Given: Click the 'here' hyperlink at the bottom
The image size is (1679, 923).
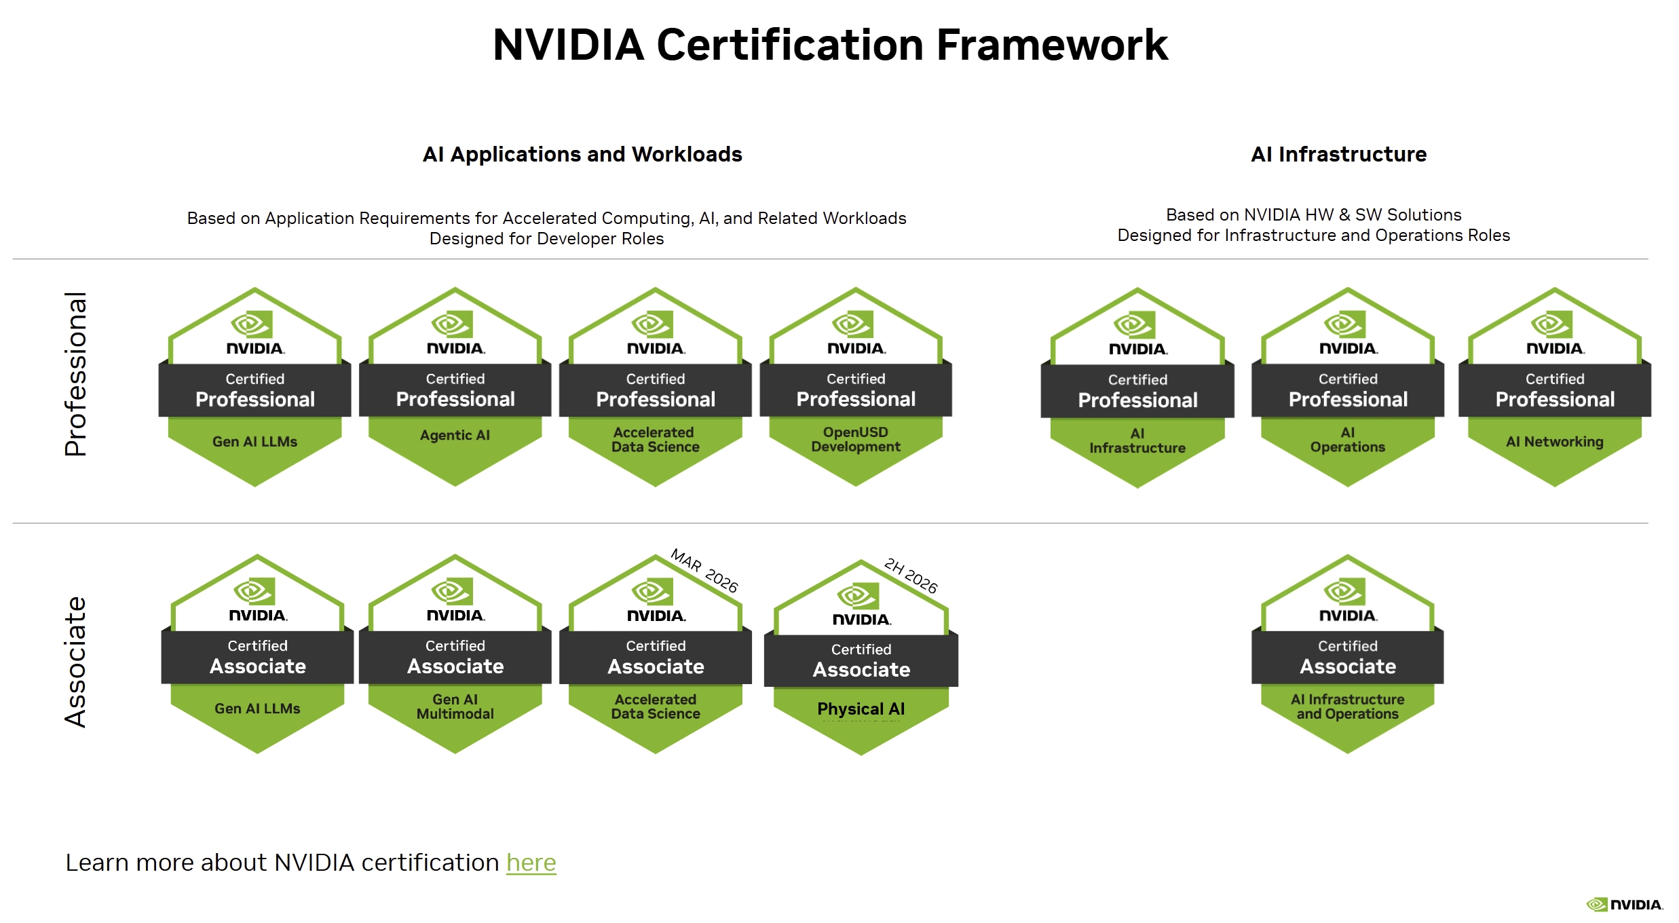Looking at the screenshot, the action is coord(531,863).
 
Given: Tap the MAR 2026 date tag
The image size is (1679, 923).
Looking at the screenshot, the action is coord(704,571).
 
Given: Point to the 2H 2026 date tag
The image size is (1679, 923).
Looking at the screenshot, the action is coord(911,576).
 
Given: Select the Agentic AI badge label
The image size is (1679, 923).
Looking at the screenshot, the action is coord(455,435).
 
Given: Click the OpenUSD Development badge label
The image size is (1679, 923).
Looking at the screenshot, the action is coord(856,439).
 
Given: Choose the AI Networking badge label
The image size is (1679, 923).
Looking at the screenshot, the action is coord(1555,442).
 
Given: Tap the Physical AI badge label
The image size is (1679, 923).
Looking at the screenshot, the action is coord(861,709).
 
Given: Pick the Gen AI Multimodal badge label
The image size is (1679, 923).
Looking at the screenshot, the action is coord(455,707).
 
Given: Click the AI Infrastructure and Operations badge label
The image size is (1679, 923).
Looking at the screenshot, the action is coord(1348,707).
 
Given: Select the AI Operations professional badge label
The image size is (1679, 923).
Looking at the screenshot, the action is coord(1348,440).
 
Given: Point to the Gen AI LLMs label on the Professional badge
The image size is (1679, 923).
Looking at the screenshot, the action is coord(255,442).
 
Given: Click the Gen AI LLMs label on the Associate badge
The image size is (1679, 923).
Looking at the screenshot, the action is coord(258,709).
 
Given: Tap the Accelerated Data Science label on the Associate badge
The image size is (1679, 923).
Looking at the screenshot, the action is coord(656,707).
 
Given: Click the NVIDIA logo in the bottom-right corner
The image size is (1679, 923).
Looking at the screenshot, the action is coord(1625,904).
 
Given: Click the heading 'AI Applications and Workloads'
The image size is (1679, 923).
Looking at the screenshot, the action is coord(582,154).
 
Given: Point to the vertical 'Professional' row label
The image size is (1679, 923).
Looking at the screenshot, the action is coord(75,374).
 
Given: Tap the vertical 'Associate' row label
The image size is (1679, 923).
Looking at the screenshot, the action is coord(75,662).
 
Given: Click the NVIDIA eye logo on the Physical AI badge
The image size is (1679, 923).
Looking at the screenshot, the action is coord(859,597).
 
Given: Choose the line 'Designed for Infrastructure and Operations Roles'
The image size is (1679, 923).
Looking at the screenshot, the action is coord(1314,236).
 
